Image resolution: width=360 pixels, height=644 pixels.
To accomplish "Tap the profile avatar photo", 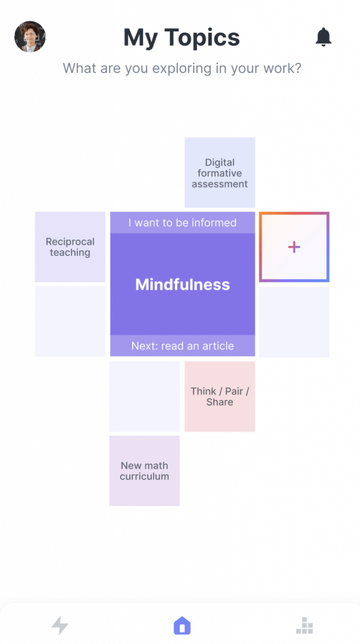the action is click(x=30, y=36).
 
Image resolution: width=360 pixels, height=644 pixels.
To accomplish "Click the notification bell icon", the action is click(x=323, y=37).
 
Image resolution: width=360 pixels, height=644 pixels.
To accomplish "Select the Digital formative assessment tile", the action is click(x=220, y=172).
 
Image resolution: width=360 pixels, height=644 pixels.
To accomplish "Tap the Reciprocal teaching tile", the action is click(x=70, y=247).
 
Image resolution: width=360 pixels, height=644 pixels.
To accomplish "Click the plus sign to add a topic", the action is click(x=295, y=247).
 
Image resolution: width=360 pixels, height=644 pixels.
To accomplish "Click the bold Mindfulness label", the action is click(x=183, y=284).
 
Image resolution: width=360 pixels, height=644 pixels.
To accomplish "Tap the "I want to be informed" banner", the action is click(x=183, y=223).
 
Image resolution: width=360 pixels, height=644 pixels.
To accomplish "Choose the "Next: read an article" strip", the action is click(x=183, y=346).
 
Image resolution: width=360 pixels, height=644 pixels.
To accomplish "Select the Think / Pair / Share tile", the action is click(x=220, y=396).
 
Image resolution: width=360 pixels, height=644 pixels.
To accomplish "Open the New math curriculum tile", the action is click(x=145, y=470).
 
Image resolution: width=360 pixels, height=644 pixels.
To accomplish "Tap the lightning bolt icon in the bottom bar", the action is click(x=60, y=625).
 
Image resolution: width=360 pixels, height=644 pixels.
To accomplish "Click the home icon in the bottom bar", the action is click(x=183, y=626).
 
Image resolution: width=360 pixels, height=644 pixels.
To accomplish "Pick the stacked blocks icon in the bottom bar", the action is click(x=305, y=626).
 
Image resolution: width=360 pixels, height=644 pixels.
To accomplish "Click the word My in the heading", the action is click(x=140, y=38).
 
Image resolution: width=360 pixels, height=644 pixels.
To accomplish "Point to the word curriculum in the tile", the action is click(x=145, y=477).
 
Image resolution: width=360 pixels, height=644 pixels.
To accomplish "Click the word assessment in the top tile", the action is click(x=220, y=184).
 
